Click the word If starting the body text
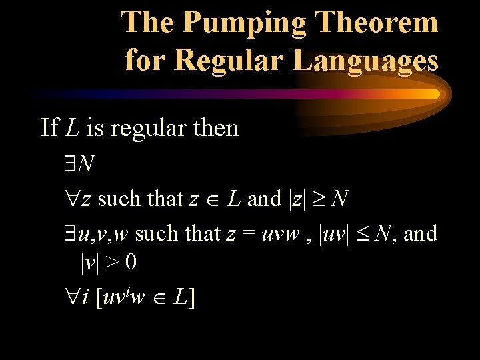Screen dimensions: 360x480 [49, 127]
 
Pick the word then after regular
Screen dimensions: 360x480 [215, 127]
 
